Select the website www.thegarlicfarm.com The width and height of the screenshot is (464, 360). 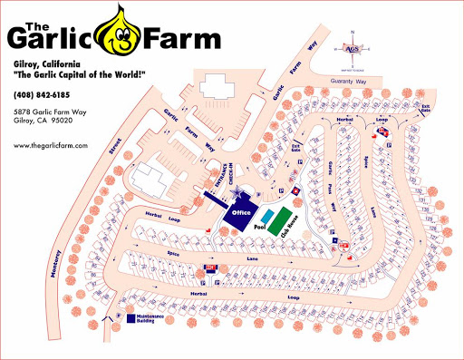pos(51,145)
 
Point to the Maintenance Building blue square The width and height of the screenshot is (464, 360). pos(130,319)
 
